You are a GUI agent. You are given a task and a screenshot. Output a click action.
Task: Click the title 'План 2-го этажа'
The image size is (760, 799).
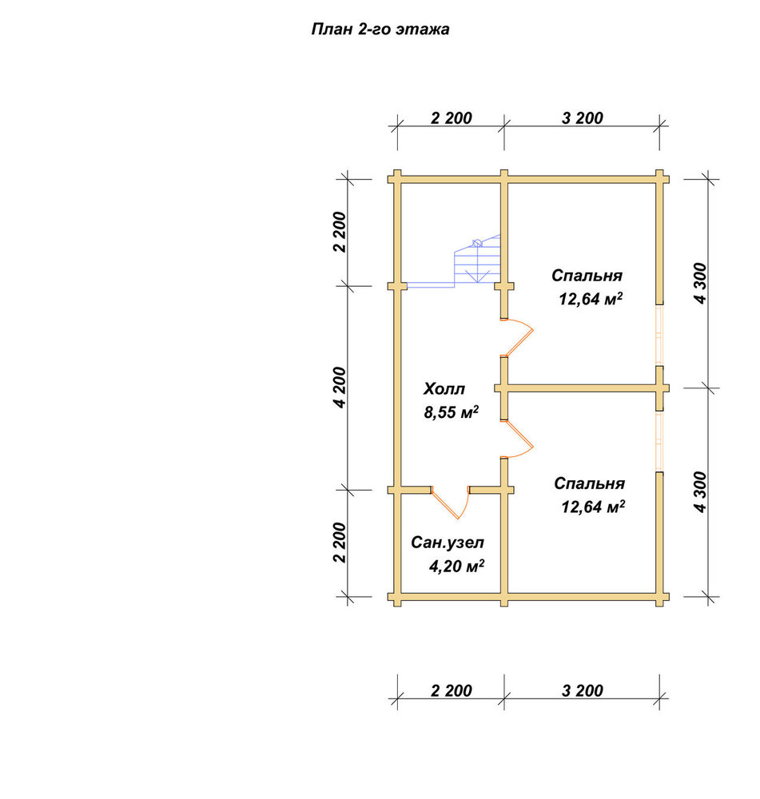click(x=380, y=30)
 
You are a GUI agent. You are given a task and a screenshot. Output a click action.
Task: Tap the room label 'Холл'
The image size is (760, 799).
click(x=444, y=389)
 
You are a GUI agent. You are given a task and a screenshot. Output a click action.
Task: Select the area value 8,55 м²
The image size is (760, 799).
click(x=451, y=411)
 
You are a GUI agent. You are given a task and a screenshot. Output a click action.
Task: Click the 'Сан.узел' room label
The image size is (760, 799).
click(x=448, y=543)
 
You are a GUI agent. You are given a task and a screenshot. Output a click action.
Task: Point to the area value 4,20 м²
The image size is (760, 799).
click(x=456, y=566)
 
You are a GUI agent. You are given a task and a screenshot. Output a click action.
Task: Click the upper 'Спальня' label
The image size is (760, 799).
click(x=587, y=276)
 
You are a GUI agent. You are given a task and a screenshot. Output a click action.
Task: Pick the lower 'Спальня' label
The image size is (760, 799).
click(x=589, y=483)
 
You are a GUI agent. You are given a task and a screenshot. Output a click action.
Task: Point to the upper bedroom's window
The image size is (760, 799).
click(x=659, y=336)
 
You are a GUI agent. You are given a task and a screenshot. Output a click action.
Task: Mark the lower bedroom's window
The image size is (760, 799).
click(x=659, y=441)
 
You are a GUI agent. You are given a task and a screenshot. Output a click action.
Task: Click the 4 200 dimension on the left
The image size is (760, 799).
click(x=340, y=388)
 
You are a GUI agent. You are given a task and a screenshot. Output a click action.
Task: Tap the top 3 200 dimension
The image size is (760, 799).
click(x=582, y=118)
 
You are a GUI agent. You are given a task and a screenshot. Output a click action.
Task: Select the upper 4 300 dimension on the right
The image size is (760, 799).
click(x=700, y=284)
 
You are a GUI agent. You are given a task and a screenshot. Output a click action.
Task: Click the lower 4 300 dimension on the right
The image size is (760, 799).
click(x=700, y=492)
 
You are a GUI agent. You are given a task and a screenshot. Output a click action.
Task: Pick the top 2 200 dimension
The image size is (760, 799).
click(x=451, y=118)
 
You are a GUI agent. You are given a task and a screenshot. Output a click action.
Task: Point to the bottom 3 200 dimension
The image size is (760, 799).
click(x=582, y=691)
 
